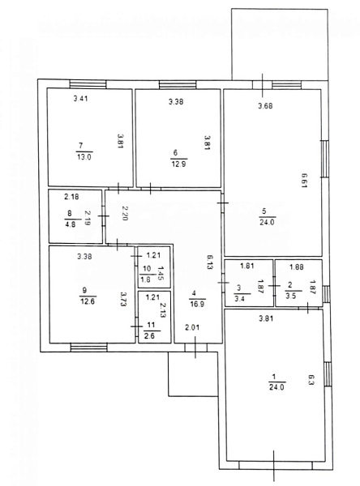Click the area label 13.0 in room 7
84,157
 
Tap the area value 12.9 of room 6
178,164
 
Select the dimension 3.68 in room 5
265,105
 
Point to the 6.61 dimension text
304,181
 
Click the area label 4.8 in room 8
71,224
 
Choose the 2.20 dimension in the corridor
124,213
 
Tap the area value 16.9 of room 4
197,304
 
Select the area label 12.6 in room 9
88,301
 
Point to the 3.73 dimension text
123,299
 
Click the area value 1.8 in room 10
146,279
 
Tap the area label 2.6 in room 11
149,335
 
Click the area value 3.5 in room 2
291,296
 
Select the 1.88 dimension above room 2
297,266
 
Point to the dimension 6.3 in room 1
311,380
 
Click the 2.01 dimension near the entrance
192,327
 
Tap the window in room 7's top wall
88,84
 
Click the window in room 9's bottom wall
89,347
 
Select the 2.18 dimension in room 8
71,196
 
